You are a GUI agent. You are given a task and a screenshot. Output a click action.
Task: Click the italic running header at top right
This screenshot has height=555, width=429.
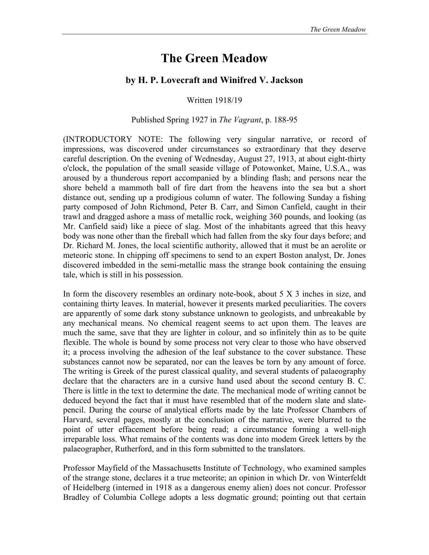coord(338,29)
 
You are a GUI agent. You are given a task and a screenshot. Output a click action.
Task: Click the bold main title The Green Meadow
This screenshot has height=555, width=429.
coord(214,58)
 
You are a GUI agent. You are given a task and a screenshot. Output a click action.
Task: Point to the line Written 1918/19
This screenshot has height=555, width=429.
coord(214,100)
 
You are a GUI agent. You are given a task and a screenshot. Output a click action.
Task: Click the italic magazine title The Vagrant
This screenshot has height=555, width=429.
coord(240,120)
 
